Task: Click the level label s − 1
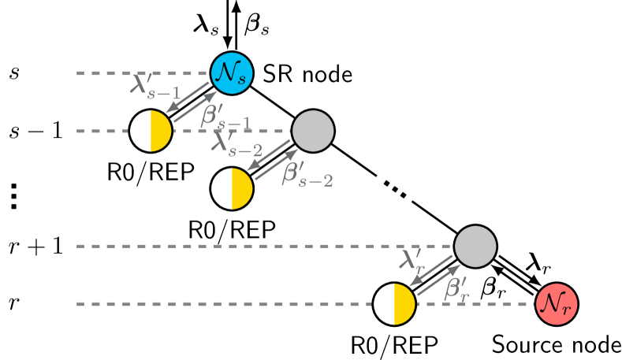coord(37,131)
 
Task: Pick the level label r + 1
coord(37,247)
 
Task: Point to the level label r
coord(15,304)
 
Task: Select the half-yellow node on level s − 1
coord(151,131)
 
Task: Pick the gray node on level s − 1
coord(313,130)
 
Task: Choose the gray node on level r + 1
coord(475,247)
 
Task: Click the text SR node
coord(307,74)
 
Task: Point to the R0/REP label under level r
coord(394,344)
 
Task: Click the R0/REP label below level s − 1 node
coord(150,172)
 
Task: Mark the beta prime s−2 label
coord(307,173)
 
